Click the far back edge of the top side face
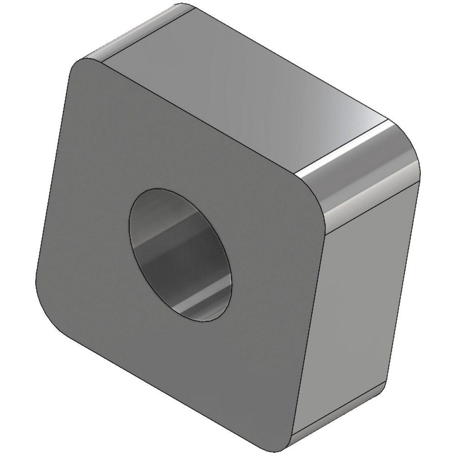tap(283, 64)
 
